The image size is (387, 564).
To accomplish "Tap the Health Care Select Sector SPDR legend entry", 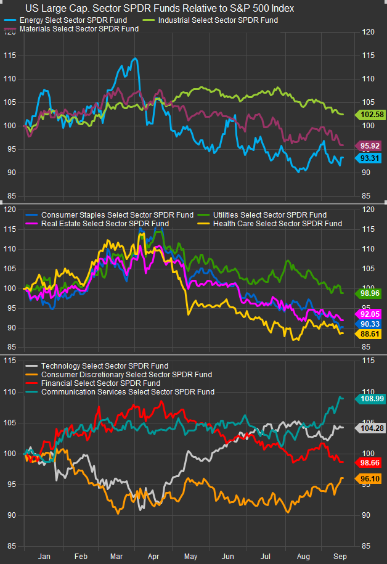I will coord(277,223).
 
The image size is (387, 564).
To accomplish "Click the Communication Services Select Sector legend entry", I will coord(126,391).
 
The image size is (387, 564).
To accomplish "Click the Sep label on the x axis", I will coord(340,556).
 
